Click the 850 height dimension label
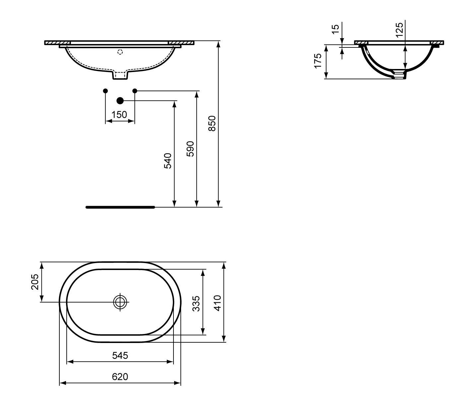[212, 123]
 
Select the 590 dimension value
[190, 149]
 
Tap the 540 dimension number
[168, 161]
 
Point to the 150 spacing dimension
[119, 114]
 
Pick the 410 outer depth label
[217, 303]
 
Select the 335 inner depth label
[196, 304]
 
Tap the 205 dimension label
[35, 282]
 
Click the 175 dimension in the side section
[318, 61]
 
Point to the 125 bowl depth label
[399, 30]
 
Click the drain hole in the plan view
[120, 302]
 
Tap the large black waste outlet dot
[120, 101]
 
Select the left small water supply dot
[105, 91]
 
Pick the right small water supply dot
[135, 91]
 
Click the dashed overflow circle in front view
[120, 52]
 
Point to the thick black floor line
[120, 207]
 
